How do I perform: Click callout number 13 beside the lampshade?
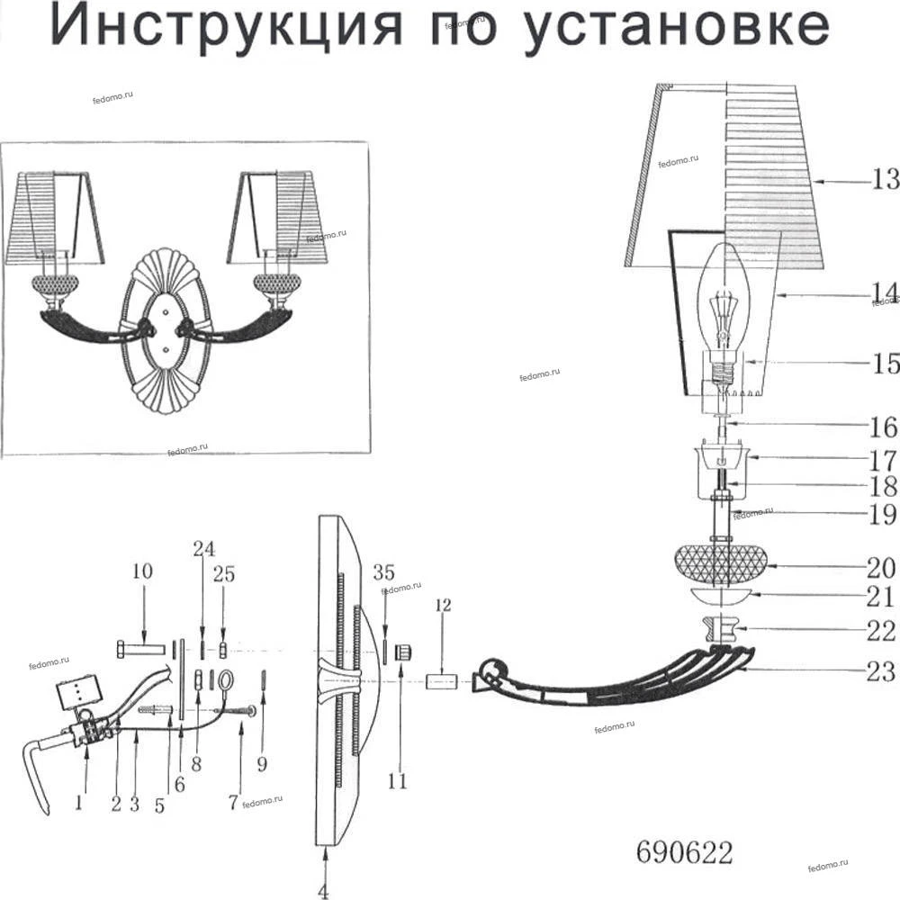pos(885,180)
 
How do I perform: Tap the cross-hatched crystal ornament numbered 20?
pos(720,562)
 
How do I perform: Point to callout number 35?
pos(384,572)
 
